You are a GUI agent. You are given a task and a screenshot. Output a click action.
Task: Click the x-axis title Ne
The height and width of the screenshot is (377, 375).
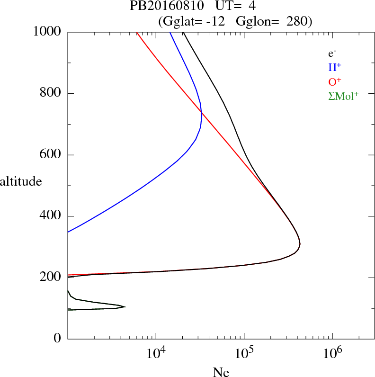click(x=221, y=372)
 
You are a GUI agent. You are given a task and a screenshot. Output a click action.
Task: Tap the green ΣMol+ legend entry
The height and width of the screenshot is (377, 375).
click(x=343, y=96)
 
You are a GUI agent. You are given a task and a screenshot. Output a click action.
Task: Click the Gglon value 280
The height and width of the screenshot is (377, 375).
click(x=297, y=21)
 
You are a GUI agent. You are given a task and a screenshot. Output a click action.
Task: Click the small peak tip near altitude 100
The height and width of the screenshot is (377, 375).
click(x=125, y=307)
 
